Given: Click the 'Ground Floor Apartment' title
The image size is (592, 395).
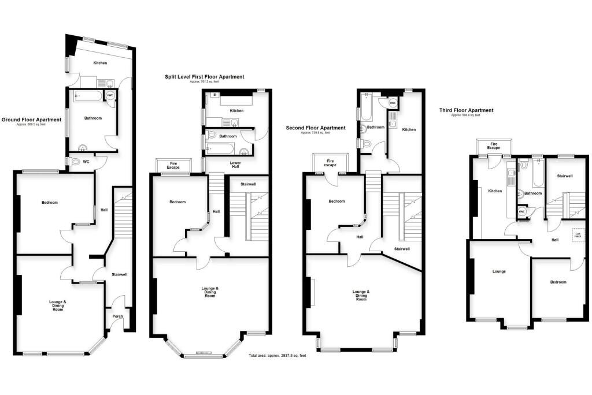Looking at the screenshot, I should point(31,120).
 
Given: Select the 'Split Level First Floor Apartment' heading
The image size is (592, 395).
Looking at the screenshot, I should point(202,76).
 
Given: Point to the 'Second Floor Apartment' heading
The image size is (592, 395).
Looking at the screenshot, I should point(316,128).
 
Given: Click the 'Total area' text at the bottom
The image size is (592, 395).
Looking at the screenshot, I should point(277,356).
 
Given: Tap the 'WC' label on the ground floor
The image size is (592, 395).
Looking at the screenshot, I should point(87,161).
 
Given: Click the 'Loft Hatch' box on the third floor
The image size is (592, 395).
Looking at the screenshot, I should point(578,234).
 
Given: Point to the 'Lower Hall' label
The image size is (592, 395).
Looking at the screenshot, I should point(235,165).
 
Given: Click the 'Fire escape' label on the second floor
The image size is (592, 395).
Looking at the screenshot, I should point(330,162).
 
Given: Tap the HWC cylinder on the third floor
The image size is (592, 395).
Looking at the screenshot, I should point(522,211).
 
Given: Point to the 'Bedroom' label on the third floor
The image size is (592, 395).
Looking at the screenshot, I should point(558,282).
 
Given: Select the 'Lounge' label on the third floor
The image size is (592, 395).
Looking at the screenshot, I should point(499,271).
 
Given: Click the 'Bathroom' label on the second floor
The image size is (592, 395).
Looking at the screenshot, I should point(376,127).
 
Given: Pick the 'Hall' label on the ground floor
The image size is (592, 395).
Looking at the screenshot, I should point(104,210).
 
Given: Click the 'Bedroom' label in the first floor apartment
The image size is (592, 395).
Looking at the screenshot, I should point(177,202).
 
